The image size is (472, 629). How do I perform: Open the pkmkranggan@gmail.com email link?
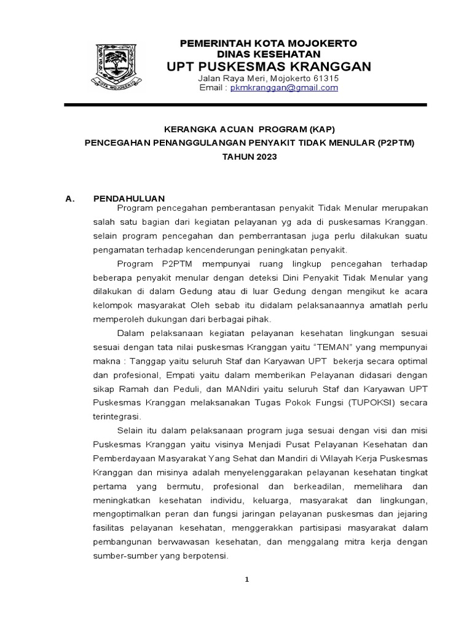tap(284, 88)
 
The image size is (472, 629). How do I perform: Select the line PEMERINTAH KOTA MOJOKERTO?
tap(268, 43)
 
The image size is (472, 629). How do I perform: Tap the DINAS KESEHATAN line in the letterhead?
tap(268, 54)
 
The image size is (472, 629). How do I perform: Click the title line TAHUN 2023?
tap(249, 157)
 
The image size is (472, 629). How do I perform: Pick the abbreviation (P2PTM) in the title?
tap(393, 144)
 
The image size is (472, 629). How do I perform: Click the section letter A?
tap(69, 198)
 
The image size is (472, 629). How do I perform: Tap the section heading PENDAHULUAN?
tap(128, 198)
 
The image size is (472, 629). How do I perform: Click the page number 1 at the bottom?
tap(247, 579)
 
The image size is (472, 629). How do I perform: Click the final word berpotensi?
tap(206, 557)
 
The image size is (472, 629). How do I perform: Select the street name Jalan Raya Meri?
tap(232, 79)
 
